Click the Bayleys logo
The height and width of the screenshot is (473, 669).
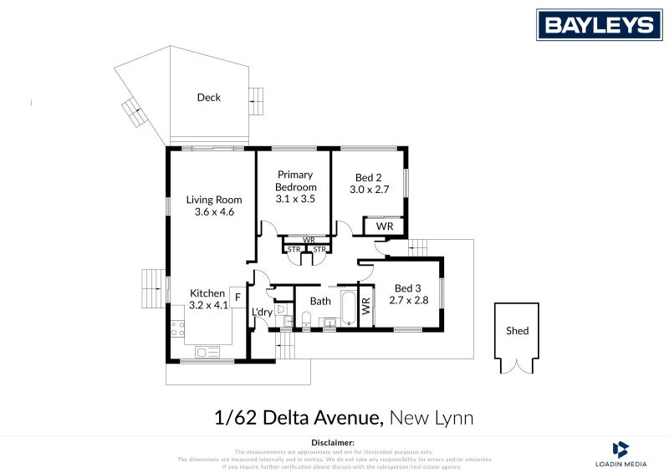[599, 24]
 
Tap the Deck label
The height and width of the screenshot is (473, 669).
[208, 98]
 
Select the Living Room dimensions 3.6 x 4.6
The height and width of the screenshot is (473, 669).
[213, 212]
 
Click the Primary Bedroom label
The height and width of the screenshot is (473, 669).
[295, 181]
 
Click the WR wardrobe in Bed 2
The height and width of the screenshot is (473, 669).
[384, 226]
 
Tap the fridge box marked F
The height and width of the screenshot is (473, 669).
[237, 297]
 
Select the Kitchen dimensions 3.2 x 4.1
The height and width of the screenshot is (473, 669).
[207, 306]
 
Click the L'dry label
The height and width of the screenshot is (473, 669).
[262, 313]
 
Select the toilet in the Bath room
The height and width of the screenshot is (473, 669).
[306, 318]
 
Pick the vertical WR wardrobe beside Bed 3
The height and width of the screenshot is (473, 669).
[365, 306]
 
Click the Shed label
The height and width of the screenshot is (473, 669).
[518, 331]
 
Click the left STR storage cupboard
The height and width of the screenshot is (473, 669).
[294, 249]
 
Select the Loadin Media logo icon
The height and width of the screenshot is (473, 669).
[620, 449]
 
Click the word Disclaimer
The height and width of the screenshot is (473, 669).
[333, 442]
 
